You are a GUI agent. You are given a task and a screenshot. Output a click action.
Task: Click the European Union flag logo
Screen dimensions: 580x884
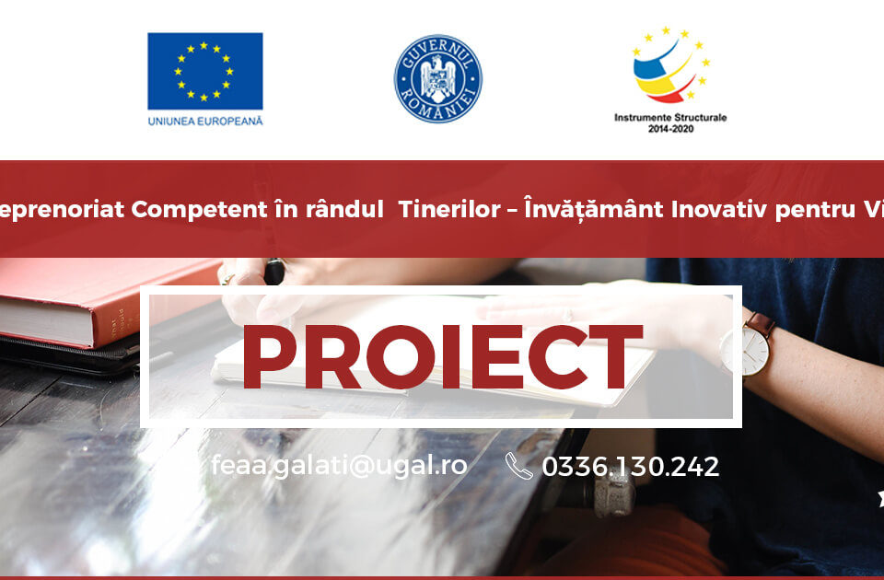click(x=204, y=71)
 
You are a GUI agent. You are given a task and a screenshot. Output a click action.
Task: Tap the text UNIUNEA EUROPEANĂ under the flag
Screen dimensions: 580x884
click(x=204, y=121)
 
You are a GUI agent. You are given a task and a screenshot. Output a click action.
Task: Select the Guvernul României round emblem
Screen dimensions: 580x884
click(x=437, y=78)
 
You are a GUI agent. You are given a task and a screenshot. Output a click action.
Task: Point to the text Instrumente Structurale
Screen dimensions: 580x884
click(x=670, y=118)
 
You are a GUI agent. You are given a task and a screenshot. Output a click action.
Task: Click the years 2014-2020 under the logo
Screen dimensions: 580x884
click(x=670, y=130)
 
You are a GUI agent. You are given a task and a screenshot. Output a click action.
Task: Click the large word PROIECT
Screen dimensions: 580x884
click(x=442, y=357)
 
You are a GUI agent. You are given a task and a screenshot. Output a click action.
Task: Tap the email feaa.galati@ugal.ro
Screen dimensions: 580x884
click(x=339, y=466)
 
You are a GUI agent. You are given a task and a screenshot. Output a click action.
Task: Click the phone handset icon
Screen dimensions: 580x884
click(x=518, y=466)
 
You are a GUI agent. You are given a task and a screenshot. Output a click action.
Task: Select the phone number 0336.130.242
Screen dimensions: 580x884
click(x=630, y=467)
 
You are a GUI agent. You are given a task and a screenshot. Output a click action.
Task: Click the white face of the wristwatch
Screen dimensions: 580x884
click(x=744, y=350)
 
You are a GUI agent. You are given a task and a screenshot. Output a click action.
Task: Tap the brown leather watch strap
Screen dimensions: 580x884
click(x=761, y=324)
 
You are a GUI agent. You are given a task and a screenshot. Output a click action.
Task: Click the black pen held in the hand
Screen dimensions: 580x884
click(x=274, y=272)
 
